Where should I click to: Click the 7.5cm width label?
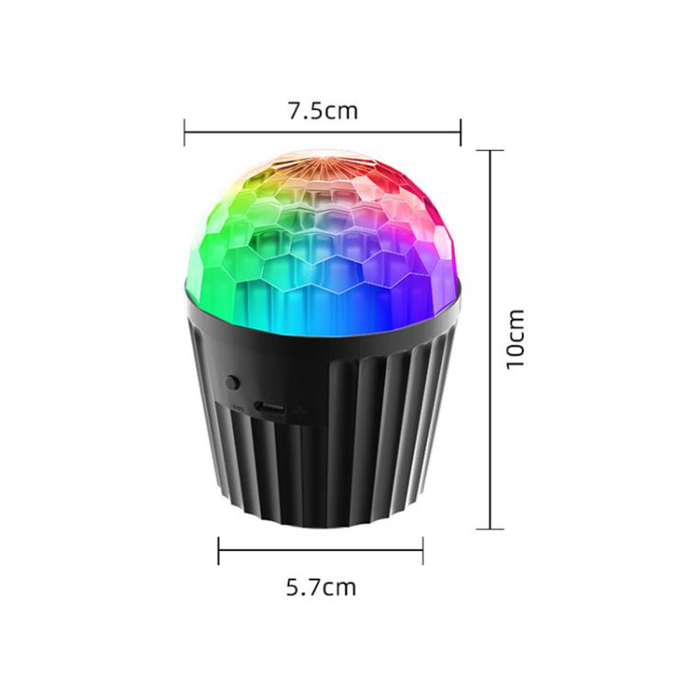point(322,111)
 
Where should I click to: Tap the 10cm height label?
point(515,338)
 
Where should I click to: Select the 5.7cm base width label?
point(321,586)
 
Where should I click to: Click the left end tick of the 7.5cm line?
point(185,132)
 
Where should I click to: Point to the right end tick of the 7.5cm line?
point(460,132)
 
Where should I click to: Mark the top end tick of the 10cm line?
point(490,151)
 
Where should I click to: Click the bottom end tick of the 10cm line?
point(490,528)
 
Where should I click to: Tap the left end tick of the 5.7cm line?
point(219,550)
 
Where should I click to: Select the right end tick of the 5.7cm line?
point(423,550)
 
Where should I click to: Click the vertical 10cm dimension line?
point(490,340)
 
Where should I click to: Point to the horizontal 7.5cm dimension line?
point(322,132)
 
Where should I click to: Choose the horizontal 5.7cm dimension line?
point(321,550)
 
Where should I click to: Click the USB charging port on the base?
point(270,406)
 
